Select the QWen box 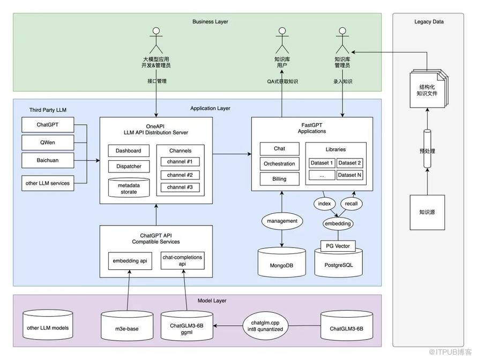tap(47, 142)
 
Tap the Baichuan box tap(47, 160)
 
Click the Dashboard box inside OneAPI tap(129, 151)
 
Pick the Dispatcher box tap(129, 167)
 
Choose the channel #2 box tap(180, 175)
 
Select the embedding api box tap(130, 261)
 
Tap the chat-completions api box tap(182, 261)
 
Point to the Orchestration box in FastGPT tap(279, 164)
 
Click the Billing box tap(279, 179)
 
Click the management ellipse tap(281, 220)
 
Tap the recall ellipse tap(351, 204)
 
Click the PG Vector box tap(338, 246)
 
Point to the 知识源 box tap(427, 212)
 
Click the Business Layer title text tap(210, 21)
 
